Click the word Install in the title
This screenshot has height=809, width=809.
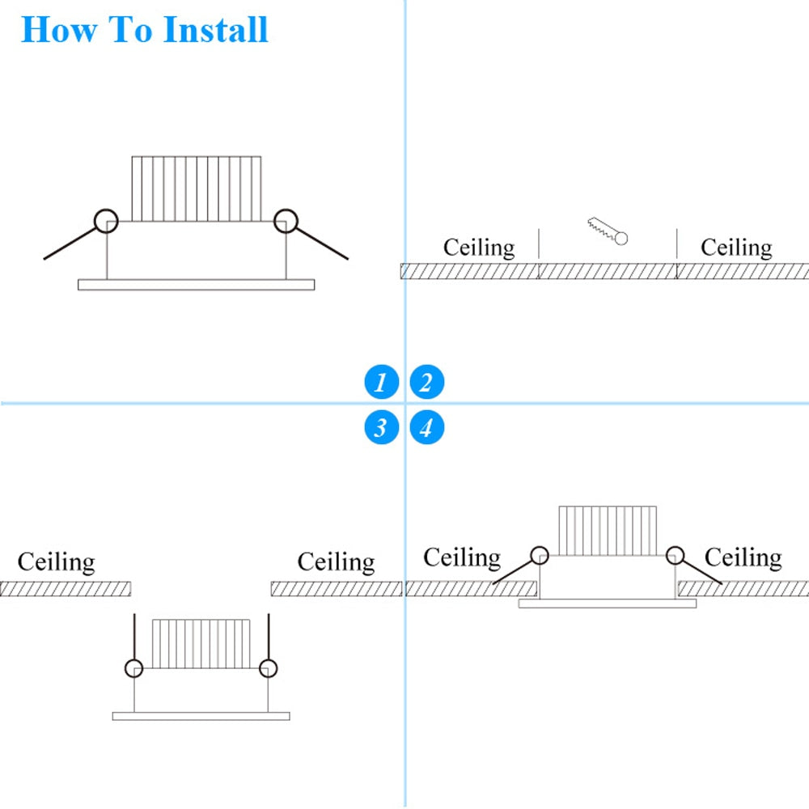(215, 29)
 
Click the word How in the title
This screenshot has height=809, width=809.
(54, 29)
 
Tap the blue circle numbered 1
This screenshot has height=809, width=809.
(381, 382)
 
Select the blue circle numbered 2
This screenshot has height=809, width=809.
(426, 382)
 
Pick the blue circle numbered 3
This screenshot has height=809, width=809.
(381, 427)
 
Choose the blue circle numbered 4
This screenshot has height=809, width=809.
(426, 427)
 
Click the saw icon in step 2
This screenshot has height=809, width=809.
(608, 230)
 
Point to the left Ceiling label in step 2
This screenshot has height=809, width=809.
(478, 248)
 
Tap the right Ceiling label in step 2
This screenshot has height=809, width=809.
(736, 248)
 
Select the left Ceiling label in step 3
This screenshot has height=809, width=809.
(56, 561)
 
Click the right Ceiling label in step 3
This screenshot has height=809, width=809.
(336, 561)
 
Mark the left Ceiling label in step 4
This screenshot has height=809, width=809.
(462, 557)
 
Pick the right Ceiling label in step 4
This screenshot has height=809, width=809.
(743, 557)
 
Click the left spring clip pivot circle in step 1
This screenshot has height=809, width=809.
(106, 220)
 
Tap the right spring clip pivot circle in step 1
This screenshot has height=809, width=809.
(286, 220)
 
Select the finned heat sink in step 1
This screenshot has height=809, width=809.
(197, 188)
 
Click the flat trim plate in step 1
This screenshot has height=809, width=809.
(196, 285)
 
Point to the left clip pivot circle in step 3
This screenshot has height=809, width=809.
(133, 668)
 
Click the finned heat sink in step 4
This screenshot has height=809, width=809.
(607, 531)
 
